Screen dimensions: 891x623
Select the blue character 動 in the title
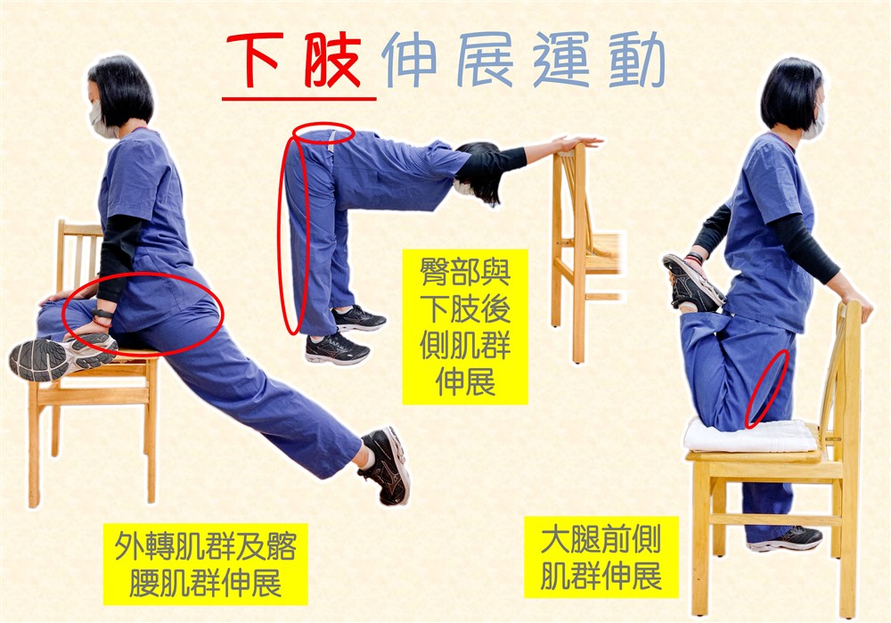coord(636,59)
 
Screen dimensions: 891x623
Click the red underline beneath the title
coord(298,99)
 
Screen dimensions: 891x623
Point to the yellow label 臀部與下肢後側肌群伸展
coord(465,327)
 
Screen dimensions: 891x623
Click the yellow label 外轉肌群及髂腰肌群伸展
coord(206,564)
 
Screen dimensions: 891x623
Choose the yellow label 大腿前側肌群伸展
coord(601,557)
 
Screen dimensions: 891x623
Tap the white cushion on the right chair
coord(749,436)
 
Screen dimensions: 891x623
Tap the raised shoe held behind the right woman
coord(692,283)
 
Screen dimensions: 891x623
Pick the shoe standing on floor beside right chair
coord(786,539)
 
